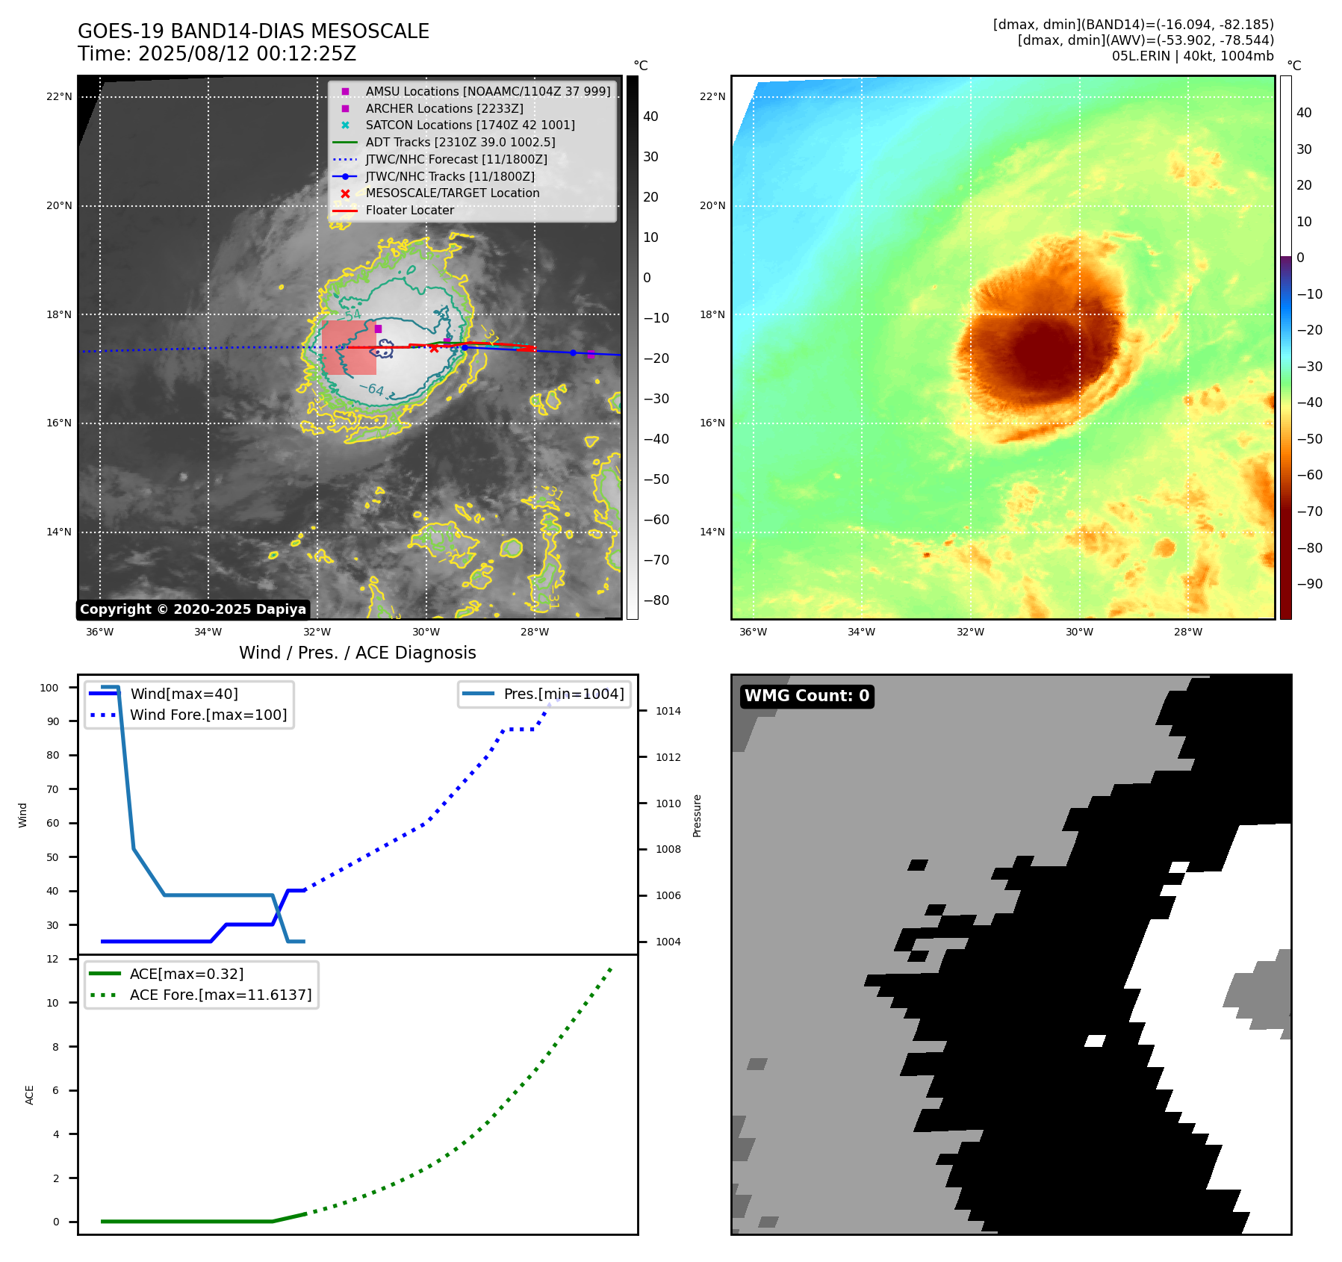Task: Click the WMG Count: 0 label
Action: point(807,696)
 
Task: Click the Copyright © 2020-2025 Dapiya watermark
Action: point(193,609)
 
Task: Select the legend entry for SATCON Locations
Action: point(470,125)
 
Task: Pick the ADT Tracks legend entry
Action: point(460,142)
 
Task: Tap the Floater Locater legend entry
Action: point(409,211)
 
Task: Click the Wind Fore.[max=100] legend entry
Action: point(208,715)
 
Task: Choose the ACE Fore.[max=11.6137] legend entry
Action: point(220,995)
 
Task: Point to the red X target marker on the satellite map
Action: point(434,348)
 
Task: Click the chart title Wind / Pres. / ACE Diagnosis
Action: point(357,653)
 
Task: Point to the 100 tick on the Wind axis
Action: point(49,688)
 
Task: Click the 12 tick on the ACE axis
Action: point(52,959)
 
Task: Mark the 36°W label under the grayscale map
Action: point(100,632)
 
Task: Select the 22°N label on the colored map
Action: point(712,96)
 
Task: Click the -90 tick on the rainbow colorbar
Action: point(1309,584)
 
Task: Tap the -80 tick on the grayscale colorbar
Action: point(656,600)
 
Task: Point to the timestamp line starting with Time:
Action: point(217,54)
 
